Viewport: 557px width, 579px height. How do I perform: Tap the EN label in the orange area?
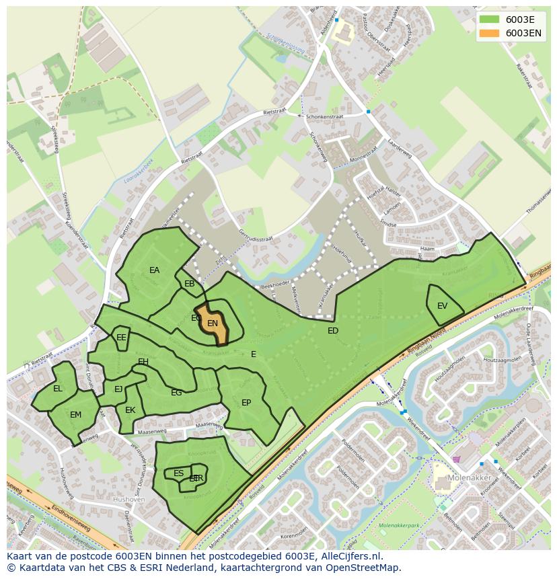point(213,323)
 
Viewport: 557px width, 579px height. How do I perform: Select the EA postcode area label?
point(155,270)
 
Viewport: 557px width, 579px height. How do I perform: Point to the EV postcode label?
point(442,306)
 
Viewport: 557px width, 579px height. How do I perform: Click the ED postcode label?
point(333,331)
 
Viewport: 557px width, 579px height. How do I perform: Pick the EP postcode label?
point(246,403)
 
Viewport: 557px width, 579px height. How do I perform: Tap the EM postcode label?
point(75,415)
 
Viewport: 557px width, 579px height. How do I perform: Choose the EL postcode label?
point(58,389)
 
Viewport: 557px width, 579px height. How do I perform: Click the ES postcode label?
point(178,473)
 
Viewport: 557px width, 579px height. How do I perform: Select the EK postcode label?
point(131,410)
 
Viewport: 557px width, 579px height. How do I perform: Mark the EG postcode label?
point(176,393)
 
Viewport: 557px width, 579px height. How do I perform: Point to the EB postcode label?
point(190,284)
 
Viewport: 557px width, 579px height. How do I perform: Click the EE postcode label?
point(121,338)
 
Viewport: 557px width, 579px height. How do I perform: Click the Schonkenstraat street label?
point(324,116)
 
